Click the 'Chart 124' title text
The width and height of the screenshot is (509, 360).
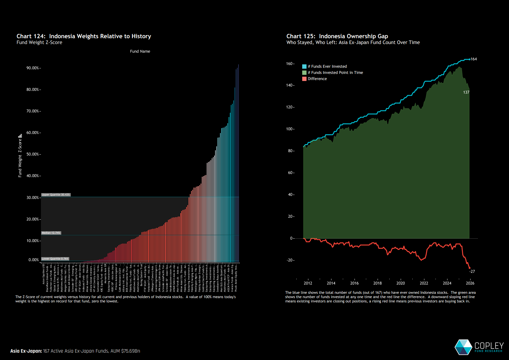coord(84,36)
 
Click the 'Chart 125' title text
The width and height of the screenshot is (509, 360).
coord(337,36)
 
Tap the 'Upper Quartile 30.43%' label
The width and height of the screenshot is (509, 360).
coord(56,195)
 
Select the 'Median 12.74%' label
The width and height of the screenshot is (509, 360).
coord(51,233)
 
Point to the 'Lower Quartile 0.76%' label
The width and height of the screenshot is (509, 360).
coord(55,259)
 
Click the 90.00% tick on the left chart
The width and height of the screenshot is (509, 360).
coord(33,68)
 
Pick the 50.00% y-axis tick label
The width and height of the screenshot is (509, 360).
coord(33,154)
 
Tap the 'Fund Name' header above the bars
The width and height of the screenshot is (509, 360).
coord(140,51)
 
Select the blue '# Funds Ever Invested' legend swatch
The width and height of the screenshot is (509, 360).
coord(304,67)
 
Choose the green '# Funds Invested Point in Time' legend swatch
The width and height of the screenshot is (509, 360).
coord(304,73)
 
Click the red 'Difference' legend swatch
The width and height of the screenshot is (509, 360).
coord(304,79)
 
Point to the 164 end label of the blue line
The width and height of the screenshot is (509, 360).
coord(474,59)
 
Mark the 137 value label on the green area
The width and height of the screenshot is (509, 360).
coord(466,92)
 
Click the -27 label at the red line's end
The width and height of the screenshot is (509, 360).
coord(472,272)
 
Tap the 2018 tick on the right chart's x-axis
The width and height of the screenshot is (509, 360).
coord(377,283)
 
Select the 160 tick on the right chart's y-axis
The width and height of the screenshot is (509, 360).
coord(289,64)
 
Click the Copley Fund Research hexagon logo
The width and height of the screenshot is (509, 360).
coord(463,347)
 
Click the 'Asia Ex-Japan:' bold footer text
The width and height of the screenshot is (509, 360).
coord(26,351)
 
